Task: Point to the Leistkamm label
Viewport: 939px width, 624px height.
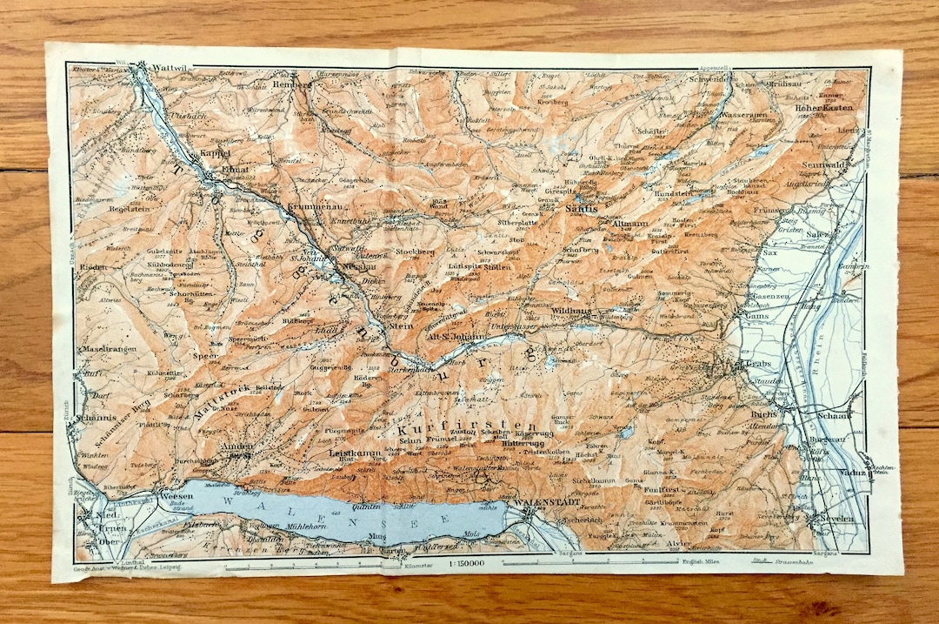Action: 353,453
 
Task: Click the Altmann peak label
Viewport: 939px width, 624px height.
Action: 630,224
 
